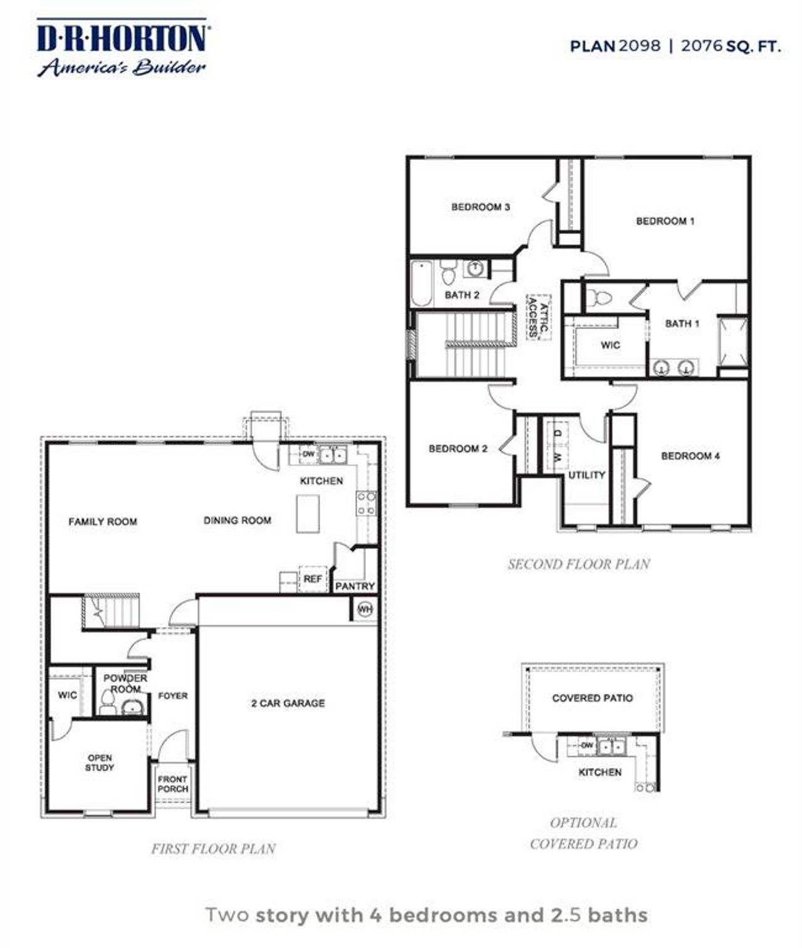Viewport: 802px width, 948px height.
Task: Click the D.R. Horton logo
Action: pyautogui.click(x=122, y=48)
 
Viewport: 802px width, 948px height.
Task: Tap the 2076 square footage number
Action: pyautogui.click(x=702, y=46)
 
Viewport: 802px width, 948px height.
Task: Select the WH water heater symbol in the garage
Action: pyautogui.click(x=364, y=609)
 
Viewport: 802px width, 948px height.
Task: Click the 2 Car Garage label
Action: pyautogui.click(x=288, y=703)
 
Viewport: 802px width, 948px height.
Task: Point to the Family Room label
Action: pyautogui.click(x=103, y=522)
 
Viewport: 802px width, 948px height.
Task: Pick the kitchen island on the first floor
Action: pyautogui.click(x=308, y=514)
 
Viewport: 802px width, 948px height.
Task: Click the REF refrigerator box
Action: pyautogui.click(x=312, y=579)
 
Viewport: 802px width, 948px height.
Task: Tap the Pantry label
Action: pyautogui.click(x=355, y=586)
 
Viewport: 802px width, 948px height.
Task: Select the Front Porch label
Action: pyautogui.click(x=172, y=784)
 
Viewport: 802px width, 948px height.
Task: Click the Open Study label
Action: pyautogui.click(x=100, y=762)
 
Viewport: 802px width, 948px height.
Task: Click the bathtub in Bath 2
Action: pyautogui.click(x=422, y=284)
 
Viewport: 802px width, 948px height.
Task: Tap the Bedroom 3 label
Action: pyautogui.click(x=481, y=207)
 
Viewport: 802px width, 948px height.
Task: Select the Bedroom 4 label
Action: pyautogui.click(x=690, y=456)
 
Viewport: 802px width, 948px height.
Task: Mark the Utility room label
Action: pyautogui.click(x=586, y=475)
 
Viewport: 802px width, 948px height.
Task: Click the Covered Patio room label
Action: pyautogui.click(x=592, y=698)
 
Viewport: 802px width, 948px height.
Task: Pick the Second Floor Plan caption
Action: pyautogui.click(x=578, y=564)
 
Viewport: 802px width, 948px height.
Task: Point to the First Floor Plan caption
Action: pyautogui.click(x=213, y=849)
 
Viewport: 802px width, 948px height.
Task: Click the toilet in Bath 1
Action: pyautogui.click(x=602, y=297)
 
